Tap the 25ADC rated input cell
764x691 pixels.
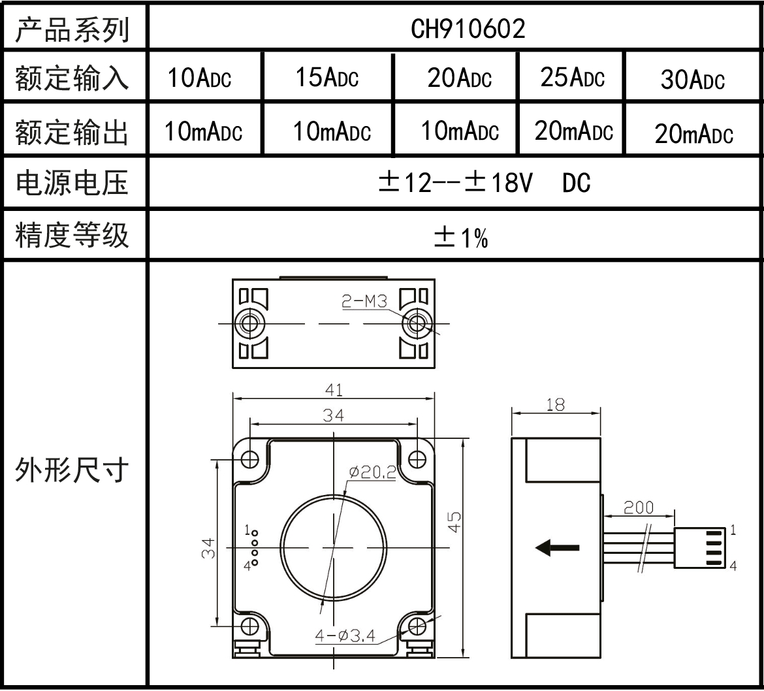point(572,78)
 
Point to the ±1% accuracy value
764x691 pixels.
point(461,239)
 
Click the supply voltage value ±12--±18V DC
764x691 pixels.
point(485,184)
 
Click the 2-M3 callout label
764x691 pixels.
point(364,301)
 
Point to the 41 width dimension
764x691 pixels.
point(334,390)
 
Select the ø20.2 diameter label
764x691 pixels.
point(372,472)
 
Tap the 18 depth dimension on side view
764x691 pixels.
point(555,405)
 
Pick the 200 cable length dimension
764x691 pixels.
point(638,507)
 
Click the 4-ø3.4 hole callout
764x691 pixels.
point(345,635)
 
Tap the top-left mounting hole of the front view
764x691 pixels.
point(250,459)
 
